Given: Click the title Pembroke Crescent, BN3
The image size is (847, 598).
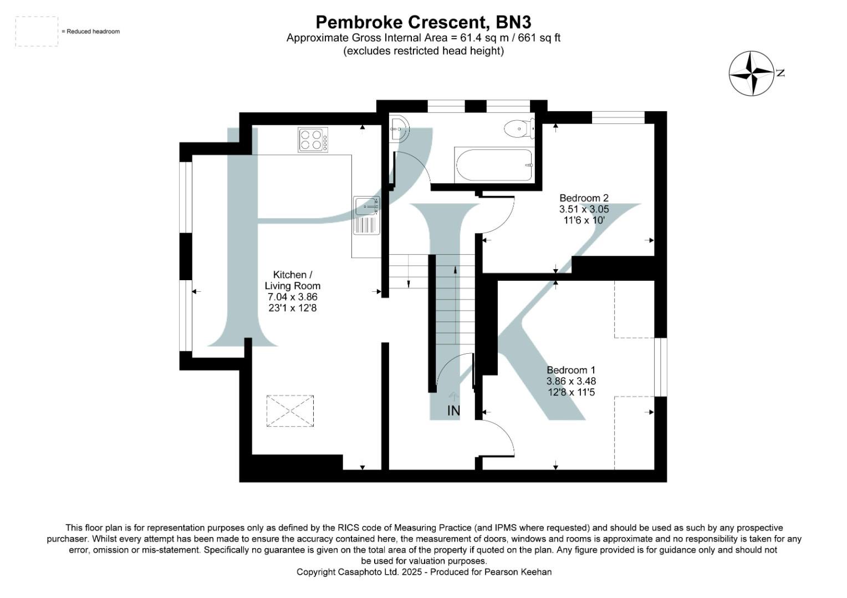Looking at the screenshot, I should (x=423, y=22).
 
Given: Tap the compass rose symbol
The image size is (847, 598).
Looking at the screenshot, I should (x=751, y=73).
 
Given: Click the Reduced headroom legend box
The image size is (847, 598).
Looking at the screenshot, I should (x=37, y=32).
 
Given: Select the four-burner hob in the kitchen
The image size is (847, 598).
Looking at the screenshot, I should (x=313, y=140).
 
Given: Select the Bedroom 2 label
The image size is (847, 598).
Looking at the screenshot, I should (x=584, y=198).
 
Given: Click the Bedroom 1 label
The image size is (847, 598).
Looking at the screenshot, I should (x=571, y=370).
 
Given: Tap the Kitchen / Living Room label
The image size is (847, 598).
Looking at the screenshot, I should (x=292, y=280).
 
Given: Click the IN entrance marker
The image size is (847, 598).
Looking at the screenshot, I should (x=453, y=411).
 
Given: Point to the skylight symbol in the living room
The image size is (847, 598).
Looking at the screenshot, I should (x=290, y=411).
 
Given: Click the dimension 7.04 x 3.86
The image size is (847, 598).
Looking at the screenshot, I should (x=292, y=297).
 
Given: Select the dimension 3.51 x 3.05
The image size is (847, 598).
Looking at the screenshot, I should (x=584, y=209).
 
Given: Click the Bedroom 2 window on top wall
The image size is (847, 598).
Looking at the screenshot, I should (x=618, y=117).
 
